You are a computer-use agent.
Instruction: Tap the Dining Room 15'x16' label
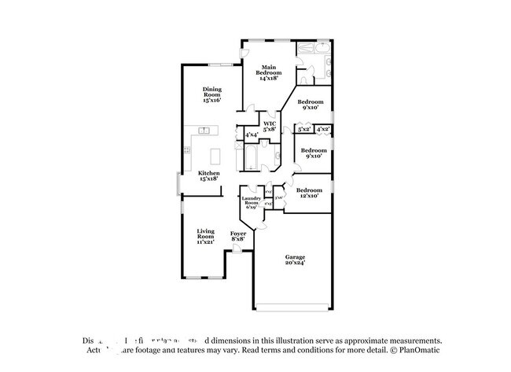coord(211,94)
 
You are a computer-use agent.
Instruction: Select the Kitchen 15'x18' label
coord(208,176)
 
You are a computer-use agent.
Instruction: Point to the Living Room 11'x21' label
coord(205,236)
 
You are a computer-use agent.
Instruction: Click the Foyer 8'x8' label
coord(237,236)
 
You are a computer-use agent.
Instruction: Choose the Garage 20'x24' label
coord(295,260)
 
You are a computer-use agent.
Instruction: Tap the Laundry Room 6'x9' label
coord(251,203)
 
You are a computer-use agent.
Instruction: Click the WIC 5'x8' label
coord(270,126)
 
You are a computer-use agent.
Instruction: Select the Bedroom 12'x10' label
coord(310,193)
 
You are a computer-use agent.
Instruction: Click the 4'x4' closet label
coord(252,135)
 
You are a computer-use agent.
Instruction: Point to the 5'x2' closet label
coord(305,129)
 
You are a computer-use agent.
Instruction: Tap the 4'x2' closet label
coord(323,129)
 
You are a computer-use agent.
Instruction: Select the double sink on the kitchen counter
coord(204,130)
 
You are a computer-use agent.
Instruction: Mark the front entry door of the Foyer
coord(236,250)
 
